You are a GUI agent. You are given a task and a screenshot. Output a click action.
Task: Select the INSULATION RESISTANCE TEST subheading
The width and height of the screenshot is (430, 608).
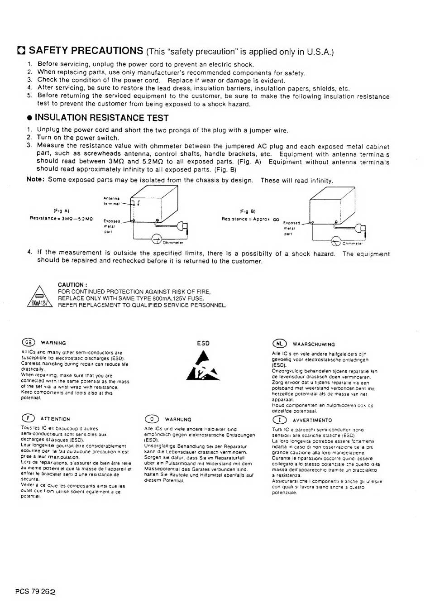tap(101, 118)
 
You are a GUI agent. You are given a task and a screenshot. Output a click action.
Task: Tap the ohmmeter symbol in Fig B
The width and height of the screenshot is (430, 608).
tap(336, 241)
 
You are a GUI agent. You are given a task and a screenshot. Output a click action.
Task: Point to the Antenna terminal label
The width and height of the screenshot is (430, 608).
tap(111, 201)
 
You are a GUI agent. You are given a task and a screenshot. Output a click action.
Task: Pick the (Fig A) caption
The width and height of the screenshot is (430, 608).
tap(61, 211)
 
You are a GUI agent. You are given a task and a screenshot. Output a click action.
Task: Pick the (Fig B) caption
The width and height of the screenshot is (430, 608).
tap(247, 211)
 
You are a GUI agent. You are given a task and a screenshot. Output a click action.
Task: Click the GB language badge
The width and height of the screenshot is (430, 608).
tap(28, 342)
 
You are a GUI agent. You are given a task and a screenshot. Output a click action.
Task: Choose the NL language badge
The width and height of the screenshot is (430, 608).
tap(279, 344)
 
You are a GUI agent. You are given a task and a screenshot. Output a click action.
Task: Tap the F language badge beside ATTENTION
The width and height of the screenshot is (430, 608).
tap(28, 418)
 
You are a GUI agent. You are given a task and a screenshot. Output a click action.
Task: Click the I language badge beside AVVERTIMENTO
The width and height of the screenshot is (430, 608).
tap(279, 420)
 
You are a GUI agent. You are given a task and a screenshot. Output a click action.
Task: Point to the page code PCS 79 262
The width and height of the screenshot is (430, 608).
tap(35, 591)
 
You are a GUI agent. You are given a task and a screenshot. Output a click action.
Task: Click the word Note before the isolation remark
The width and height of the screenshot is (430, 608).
tap(35, 180)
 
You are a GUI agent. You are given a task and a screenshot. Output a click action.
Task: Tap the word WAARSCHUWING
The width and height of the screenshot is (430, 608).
tap(314, 345)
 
